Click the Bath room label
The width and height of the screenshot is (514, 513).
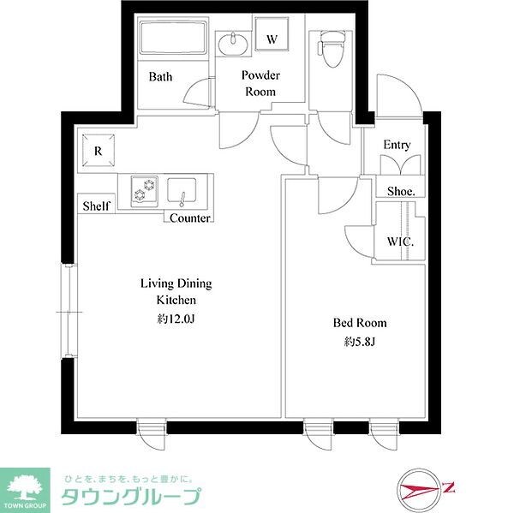160,76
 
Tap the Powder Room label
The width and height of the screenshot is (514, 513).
260,83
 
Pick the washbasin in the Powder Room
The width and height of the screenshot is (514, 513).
231,42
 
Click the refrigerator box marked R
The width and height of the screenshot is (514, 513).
99,151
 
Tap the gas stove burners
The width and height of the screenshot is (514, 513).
144,191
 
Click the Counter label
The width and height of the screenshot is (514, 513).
189,218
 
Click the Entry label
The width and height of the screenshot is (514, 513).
397,145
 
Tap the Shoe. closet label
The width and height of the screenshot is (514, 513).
400,191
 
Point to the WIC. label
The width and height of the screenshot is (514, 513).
400,242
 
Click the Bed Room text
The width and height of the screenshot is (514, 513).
360,323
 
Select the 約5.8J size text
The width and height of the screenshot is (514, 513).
360,341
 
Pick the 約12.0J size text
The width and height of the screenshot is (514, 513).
176,319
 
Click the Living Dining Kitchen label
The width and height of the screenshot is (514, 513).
176,292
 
